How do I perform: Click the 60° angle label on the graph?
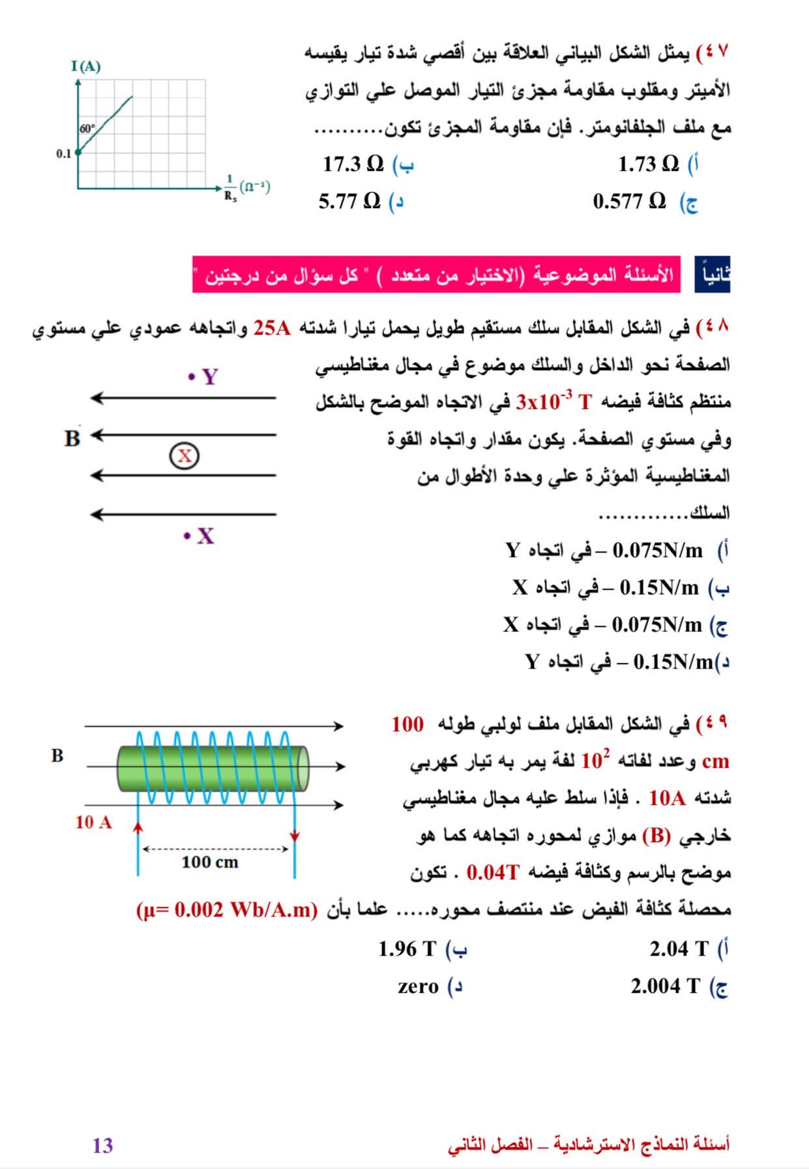click(87, 129)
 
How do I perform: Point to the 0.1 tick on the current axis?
click(63, 154)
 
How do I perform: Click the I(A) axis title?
click(86, 67)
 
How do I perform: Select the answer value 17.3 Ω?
click(353, 164)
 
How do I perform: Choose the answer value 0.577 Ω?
click(629, 202)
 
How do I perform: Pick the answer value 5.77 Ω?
click(349, 202)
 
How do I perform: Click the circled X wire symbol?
click(184, 455)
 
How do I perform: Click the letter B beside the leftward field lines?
click(72, 438)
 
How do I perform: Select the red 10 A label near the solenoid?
click(93, 822)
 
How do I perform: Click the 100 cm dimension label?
click(210, 862)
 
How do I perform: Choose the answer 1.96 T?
click(407, 949)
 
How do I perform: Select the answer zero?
click(418, 986)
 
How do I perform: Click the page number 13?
click(102, 1146)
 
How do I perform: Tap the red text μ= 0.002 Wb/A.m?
click(226, 910)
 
